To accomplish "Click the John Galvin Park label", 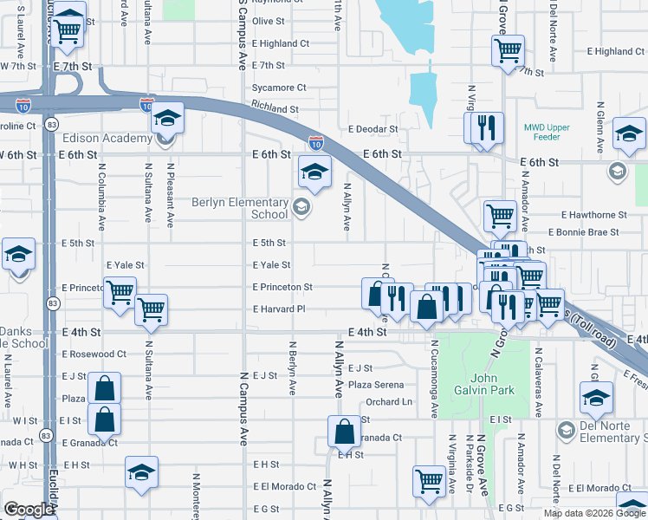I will tap(492, 384).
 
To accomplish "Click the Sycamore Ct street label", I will tap(279, 88).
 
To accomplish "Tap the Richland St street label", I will tap(275, 110).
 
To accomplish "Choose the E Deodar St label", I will tap(373, 129).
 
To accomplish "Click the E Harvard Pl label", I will tap(279, 309).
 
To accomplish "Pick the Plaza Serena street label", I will tap(376, 384).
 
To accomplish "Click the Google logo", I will tap(28, 510).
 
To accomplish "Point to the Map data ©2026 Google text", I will tap(594, 513).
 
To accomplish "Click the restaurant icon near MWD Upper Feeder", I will tap(486, 127).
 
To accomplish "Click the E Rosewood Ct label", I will tap(94, 354).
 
